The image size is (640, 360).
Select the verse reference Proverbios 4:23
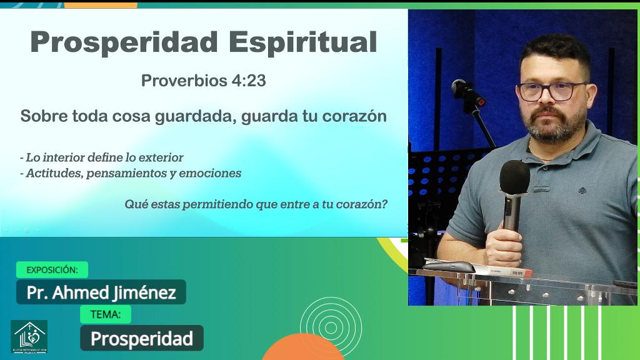tap(204, 81)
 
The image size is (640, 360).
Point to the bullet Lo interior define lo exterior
tap(102, 157)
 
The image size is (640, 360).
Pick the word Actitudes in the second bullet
tap(53, 173)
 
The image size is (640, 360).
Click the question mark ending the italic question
tap(384, 204)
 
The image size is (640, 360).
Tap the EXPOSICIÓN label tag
tap(52, 270)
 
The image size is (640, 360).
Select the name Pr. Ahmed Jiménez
tap(101, 292)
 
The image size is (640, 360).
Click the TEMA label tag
tap(106, 314)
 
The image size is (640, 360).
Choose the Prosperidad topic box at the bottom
tap(142, 338)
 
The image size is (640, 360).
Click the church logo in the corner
tap(29, 336)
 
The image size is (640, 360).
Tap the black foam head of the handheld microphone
tap(514, 177)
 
